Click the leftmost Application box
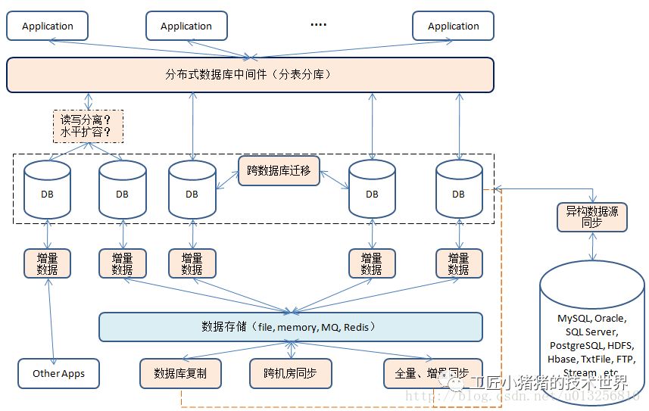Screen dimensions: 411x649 coord(47,26)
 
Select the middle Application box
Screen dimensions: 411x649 coord(186,26)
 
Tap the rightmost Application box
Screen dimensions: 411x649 coord(453,26)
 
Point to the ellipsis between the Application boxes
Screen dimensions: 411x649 coord(319,25)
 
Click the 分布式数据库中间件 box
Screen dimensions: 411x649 coord(250,75)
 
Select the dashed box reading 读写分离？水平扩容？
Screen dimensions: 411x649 coord(87,126)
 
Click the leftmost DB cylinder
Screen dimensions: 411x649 coord(47,193)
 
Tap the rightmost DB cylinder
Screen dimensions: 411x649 coord(458,193)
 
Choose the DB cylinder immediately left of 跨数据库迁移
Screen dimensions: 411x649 coord(192,193)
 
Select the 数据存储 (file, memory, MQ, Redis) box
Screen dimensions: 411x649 coord(291,327)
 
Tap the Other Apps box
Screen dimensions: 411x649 coord(58,373)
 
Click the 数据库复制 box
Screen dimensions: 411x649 coord(181,373)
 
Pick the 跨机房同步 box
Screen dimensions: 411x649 coord(291,373)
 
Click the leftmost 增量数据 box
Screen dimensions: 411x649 coord(47,263)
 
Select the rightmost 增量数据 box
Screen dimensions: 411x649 coord(458,263)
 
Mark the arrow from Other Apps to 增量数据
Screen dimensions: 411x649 coord(51,318)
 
